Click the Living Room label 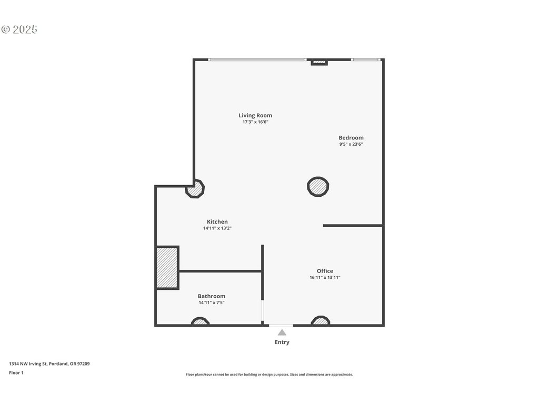[255, 115]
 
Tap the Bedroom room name [351, 138]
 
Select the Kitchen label [217, 222]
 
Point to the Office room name [325, 271]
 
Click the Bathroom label [212, 296]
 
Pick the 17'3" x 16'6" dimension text [255, 122]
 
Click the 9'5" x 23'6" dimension [351, 144]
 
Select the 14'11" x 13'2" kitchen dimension [217, 228]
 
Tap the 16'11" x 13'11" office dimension [325, 278]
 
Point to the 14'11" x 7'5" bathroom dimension [212, 302]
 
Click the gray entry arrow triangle [282, 332]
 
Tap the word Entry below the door [282, 342]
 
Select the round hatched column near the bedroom [318, 187]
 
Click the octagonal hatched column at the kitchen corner [195, 189]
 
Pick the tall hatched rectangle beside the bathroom [167, 268]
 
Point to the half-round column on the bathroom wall [200, 321]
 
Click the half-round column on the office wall [321, 321]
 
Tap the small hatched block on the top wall [320, 63]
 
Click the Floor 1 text [16, 373]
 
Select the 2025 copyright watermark [19, 29]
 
